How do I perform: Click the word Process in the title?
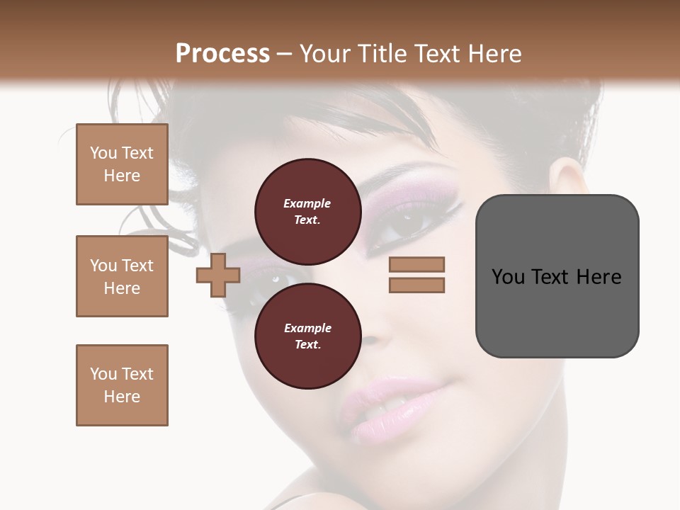[x=222, y=54]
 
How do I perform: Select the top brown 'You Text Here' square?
[x=122, y=164]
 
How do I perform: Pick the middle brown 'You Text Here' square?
[x=122, y=276]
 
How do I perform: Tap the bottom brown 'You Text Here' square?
[x=122, y=385]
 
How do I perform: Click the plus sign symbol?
[x=218, y=276]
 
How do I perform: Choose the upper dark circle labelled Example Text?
[x=307, y=211]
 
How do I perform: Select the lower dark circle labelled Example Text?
[x=307, y=336]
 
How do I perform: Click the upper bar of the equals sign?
[x=416, y=264]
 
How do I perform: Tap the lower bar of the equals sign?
[x=416, y=285]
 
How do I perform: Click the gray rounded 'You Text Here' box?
[x=557, y=276]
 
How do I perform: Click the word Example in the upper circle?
[x=307, y=203]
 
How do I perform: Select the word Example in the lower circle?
[x=307, y=328]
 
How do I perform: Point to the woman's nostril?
[x=370, y=341]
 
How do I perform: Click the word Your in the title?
[x=324, y=54]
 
